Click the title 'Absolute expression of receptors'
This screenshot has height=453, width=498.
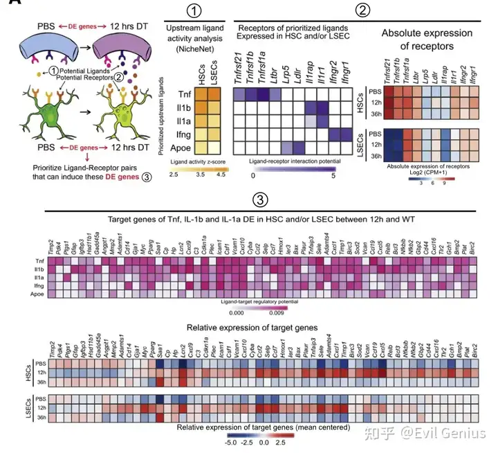coord(427,39)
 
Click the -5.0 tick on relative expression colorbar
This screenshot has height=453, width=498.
coord(232,440)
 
